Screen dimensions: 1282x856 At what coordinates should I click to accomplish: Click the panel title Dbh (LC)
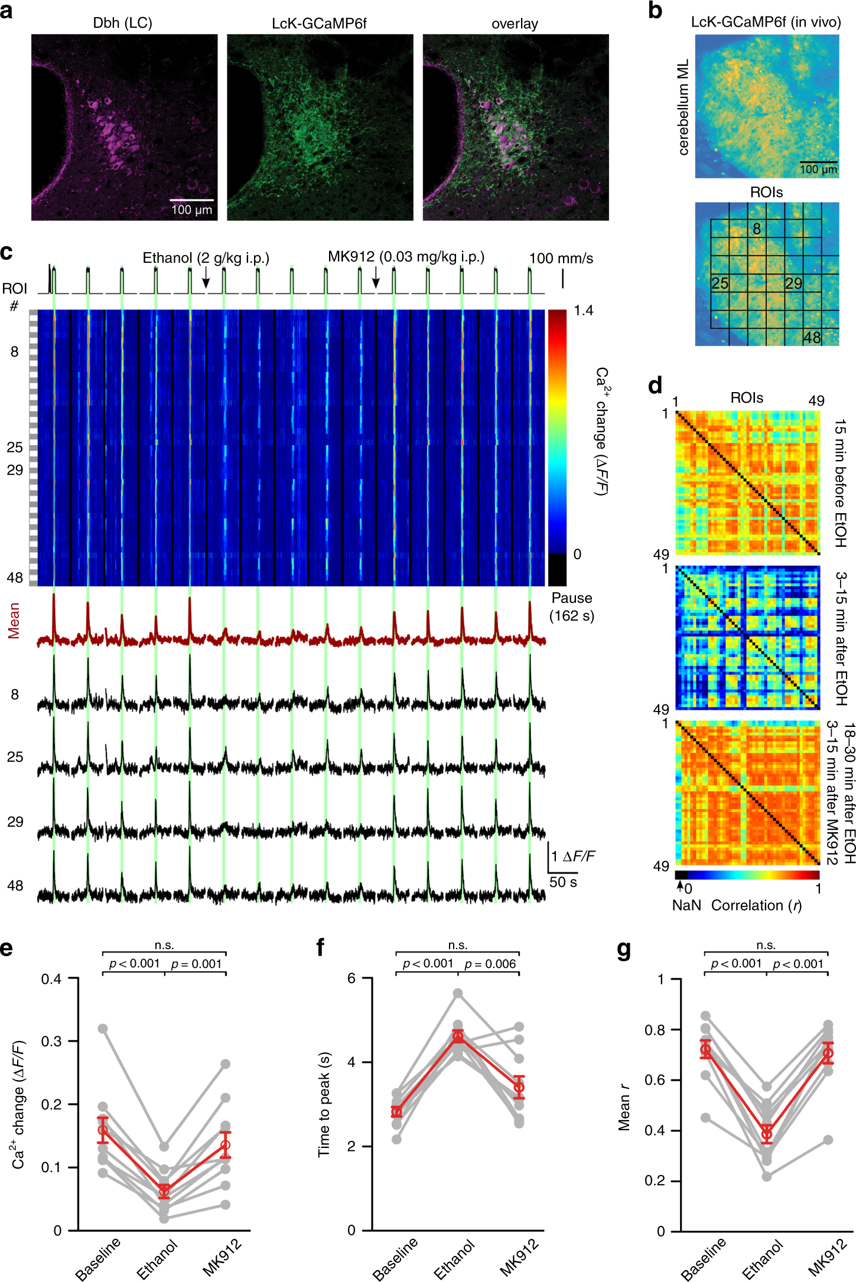coord(122,23)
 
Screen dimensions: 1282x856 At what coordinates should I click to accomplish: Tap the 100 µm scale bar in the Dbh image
coord(192,200)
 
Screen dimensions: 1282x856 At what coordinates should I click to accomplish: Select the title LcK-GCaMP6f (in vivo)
coord(766,22)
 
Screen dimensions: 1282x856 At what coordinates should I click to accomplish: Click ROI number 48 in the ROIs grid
coord(812,337)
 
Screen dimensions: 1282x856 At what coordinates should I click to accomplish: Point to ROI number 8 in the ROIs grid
coord(756,229)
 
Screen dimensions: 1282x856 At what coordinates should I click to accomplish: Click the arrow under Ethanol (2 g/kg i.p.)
coord(206,278)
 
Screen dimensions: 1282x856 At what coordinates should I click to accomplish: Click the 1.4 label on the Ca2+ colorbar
coord(583,311)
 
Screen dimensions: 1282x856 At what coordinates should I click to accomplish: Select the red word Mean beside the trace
coord(14,620)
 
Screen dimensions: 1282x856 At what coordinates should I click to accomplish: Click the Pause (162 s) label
coord(571,606)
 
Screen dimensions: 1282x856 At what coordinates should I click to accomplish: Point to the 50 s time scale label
coord(563,882)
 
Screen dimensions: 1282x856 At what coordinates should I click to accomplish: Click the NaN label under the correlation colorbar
coord(686,905)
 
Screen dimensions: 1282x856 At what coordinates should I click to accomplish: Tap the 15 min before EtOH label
coord(840,483)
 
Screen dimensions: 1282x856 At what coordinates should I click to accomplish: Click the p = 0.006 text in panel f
coord(490,964)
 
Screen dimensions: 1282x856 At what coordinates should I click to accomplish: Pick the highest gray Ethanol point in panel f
coord(458,993)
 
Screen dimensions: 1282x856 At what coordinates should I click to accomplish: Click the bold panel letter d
coord(655,386)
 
